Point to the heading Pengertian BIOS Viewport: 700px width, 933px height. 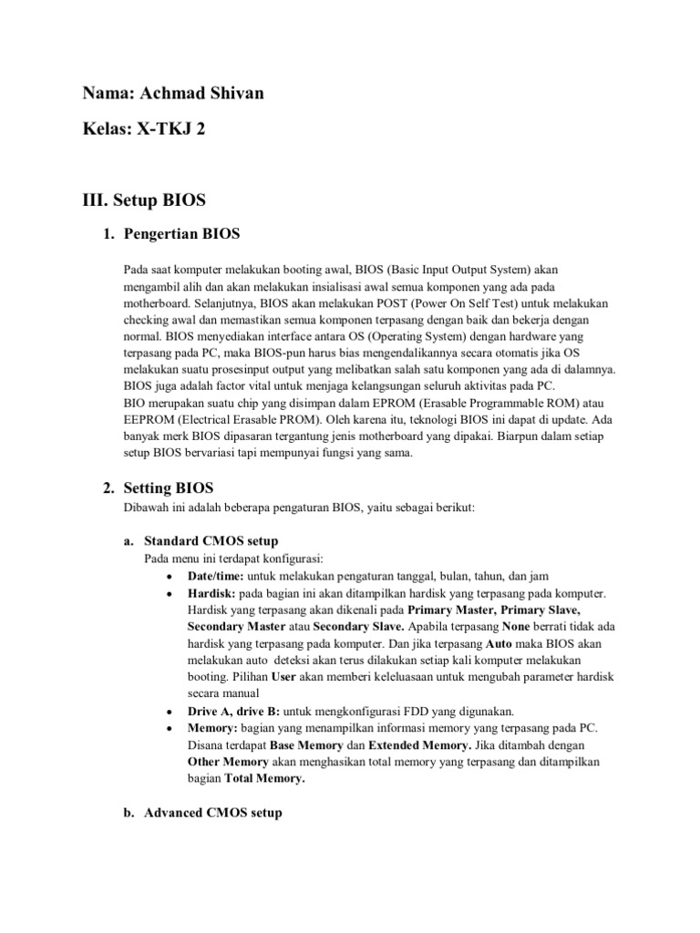point(181,234)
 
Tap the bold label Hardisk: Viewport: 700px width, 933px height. point(211,593)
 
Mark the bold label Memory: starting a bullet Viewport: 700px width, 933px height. point(212,727)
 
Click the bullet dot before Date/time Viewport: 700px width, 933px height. point(170,578)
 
